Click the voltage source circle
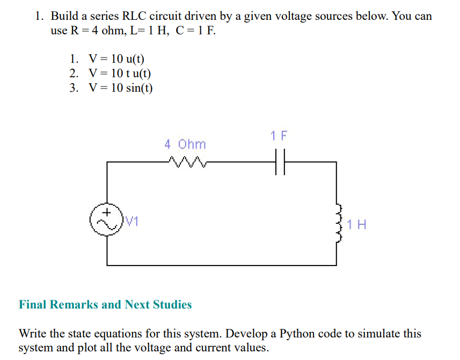[x=107, y=219]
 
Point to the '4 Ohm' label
[x=185, y=144]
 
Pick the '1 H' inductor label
[x=357, y=224]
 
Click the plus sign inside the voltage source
[x=107, y=212]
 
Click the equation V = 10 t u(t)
[x=120, y=74]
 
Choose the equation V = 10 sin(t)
[x=121, y=87]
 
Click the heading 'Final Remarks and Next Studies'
[x=105, y=305]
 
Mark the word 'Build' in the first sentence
[x=65, y=16]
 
